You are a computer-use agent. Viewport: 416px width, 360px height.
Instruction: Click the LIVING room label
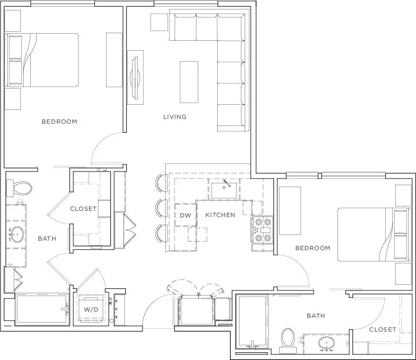[x=175, y=117]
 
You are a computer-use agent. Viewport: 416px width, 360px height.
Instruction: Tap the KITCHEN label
[x=220, y=215]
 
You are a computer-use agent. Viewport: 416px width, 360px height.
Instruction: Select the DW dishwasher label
[x=186, y=216]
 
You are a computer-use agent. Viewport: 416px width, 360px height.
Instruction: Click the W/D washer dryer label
[x=91, y=309]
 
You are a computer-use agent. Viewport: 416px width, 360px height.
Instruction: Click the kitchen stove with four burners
[x=262, y=230]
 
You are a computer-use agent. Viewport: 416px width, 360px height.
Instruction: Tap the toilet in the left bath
[x=19, y=188]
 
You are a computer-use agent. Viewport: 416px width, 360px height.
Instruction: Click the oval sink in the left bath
[x=17, y=234]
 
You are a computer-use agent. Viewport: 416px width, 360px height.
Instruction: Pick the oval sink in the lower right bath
[x=326, y=343]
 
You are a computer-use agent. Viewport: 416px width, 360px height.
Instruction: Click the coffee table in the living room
[x=189, y=82]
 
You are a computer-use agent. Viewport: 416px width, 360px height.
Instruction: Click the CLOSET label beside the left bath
[x=83, y=209]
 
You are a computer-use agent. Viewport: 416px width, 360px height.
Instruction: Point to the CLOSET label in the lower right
[x=382, y=330]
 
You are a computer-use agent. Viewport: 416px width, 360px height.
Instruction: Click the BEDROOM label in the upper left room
[x=60, y=122]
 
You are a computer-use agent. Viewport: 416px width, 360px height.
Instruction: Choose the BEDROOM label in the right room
[x=313, y=248]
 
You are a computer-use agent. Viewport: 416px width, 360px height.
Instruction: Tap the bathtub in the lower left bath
[x=42, y=309]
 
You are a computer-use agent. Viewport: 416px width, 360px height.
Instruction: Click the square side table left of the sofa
[x=159, y=22]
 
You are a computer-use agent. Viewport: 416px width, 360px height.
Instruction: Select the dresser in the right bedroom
[x=290, y=211]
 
